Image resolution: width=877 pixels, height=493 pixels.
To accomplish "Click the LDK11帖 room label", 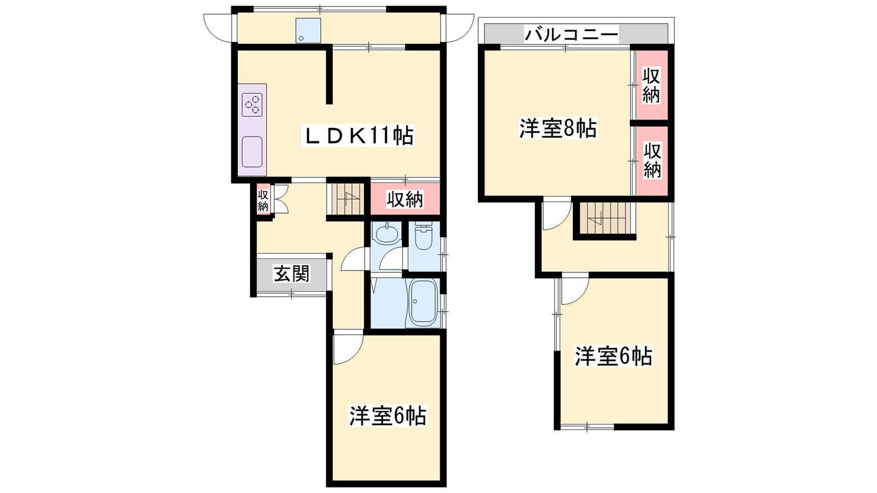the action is point(358,135).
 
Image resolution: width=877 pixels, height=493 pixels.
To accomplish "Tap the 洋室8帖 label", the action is point(558,128).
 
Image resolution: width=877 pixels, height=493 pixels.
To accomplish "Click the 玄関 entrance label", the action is point(292,273).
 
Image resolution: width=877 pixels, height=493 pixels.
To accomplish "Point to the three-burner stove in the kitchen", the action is point(252,105).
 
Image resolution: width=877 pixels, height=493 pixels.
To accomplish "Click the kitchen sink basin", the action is point(252,152).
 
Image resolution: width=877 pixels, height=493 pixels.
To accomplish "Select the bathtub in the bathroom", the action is point(423,302).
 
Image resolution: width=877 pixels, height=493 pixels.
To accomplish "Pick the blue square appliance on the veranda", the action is point(308,31).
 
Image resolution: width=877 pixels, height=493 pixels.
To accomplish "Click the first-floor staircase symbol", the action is point(348,199).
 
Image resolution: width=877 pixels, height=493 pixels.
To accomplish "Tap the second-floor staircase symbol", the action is point(606,218).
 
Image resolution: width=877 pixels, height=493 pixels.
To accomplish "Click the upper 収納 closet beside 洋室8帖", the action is point(652,85).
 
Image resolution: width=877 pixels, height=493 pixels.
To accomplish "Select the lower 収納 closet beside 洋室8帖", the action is point(652,161).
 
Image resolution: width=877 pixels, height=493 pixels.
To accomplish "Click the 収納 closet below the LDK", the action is point(405,199).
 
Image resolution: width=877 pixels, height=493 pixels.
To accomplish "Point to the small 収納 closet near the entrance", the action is point(263,200).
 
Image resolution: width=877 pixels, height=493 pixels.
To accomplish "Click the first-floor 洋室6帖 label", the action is point(388,415).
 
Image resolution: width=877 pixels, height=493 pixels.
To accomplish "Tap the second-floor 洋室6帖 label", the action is point(613,356).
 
